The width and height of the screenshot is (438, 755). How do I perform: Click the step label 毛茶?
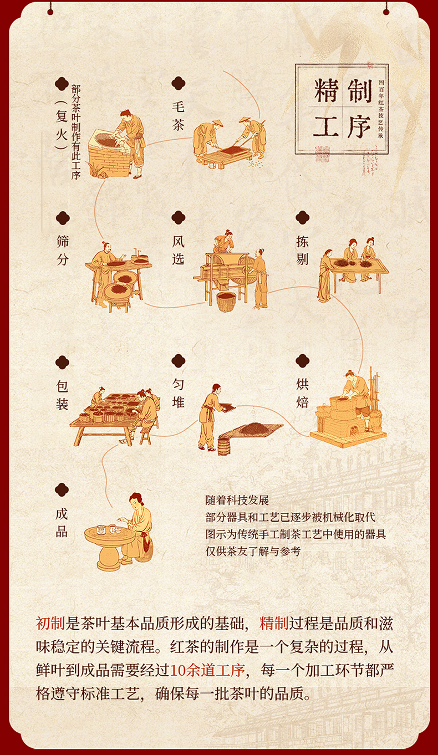pyautogui.click(x=178, y=116)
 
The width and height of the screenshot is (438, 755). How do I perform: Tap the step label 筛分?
pyautogui.click(x=63, y=251)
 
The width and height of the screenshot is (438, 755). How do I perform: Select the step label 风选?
pyautogui.click(x=179, y=250)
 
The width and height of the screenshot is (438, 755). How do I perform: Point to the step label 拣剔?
pyautogui.click(x=303, y=250)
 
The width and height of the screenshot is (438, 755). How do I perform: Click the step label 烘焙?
pyautogui.click(x=303, y=393)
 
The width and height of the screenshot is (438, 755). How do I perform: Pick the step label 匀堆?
pyautogui.click(x=179, y=393)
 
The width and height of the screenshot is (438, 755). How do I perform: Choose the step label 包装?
pyautogui.click(x=63, y=395)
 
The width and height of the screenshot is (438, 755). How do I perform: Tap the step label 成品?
pyautogui.click(x=62, y=522)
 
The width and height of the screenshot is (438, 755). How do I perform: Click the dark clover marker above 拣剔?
pyautogui.click(x=303, y=218)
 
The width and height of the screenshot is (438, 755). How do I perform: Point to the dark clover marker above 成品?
pyautogui.click(x=62, y=489)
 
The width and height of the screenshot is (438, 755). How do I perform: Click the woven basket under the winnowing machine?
pyautogui.click(x=226, y=302)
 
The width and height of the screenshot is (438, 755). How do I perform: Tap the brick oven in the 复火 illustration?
pyautogui.click(x=109, y=152)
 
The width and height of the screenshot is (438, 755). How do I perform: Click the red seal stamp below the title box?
pyautogui.click(x=322, y=154)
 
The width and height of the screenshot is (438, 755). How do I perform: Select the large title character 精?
pyautogui.click(x=326, y=90)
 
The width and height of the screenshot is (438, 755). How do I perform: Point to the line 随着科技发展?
pyautogui.click(x=237, y=500)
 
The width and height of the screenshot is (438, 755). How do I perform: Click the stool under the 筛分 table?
pyautogui.click(x=119, y=304)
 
